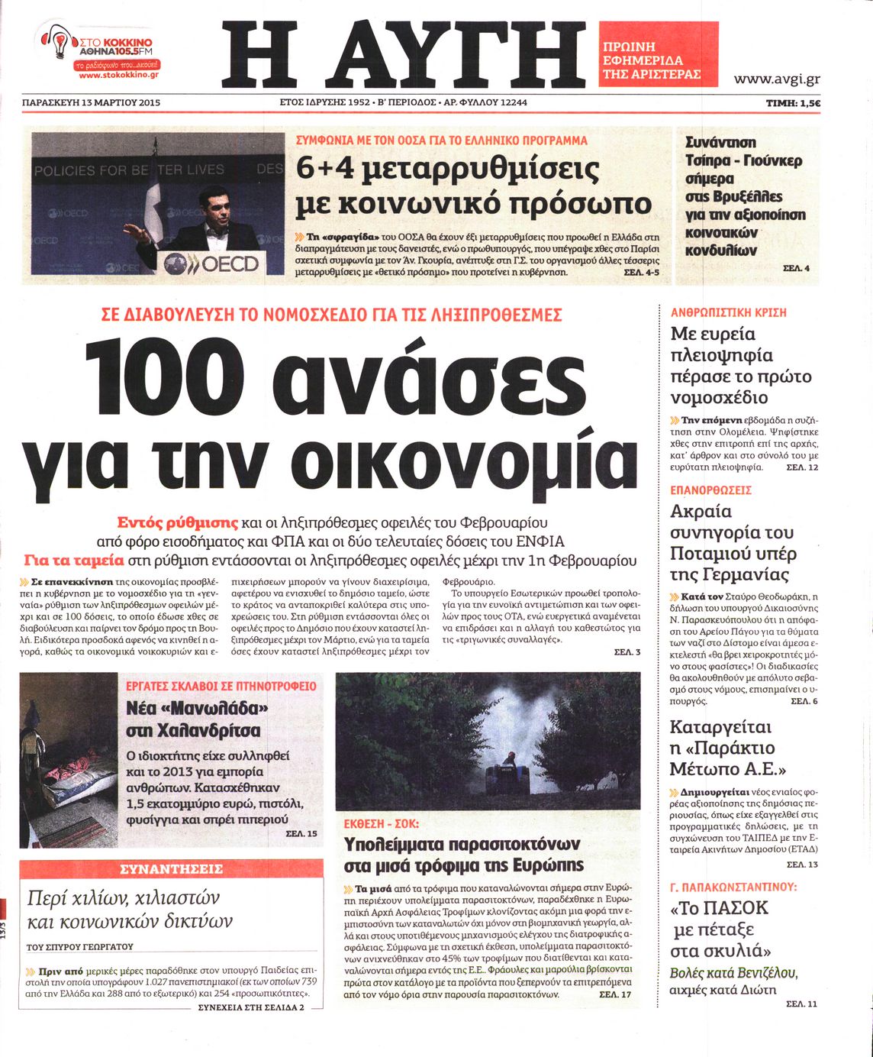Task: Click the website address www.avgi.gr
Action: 777,79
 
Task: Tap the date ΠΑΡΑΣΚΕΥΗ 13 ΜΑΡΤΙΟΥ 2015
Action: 91,102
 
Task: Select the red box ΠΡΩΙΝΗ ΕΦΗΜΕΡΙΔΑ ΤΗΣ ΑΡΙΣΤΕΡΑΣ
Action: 658,53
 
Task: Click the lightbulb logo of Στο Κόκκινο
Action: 56,44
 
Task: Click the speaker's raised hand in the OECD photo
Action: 130,230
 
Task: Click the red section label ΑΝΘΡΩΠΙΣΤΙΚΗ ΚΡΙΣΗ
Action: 728,312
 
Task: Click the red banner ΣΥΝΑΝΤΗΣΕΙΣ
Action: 172,869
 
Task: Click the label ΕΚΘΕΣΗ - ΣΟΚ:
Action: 381,824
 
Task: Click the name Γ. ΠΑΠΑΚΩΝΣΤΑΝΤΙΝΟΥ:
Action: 733,887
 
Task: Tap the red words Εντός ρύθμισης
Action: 178,523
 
